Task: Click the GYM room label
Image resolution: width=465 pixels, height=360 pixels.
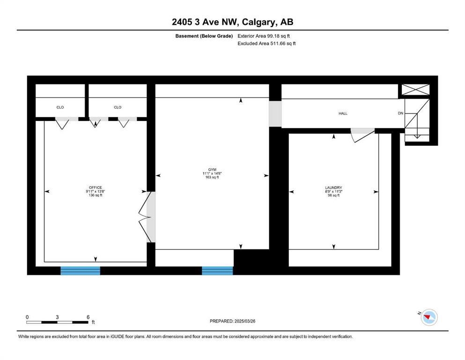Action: coord(212,170)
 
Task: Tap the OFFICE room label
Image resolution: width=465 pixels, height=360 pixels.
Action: coord(96,187)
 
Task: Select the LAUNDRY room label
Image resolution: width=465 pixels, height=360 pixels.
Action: coord(333,187)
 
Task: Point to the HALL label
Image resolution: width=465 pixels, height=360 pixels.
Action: coord(343,113)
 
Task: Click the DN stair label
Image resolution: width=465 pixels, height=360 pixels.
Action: coord(400,113)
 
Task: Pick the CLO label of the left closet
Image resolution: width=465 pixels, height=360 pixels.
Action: coord(60,107)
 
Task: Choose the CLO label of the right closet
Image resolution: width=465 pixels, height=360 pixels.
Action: coord(118,107)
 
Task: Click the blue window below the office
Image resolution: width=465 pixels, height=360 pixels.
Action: coord(81,270)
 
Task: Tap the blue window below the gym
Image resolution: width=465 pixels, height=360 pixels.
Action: coord(217,270)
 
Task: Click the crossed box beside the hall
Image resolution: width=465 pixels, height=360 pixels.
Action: coord(415,90)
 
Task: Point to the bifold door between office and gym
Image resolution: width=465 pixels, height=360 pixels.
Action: coord(144,217)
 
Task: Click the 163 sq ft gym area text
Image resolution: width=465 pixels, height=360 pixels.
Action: coord(212,177)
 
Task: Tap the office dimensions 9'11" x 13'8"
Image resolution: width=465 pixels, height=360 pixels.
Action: coord(96,191)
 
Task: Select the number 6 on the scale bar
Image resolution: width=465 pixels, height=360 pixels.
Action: coord(88,317)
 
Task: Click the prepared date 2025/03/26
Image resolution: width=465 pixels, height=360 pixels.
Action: coord(244,321)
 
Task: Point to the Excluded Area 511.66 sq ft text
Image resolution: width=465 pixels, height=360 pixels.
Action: coord(266,43)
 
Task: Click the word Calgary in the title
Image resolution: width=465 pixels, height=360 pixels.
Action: coord(258,22)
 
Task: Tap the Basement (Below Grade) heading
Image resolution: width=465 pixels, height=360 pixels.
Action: coord(204,36)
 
